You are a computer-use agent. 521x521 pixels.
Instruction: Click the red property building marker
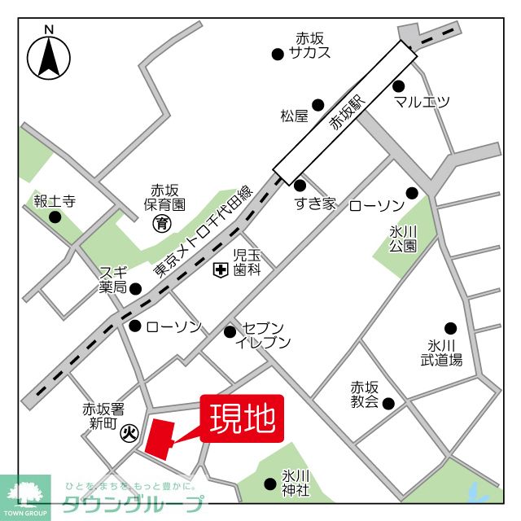click(x=158, y=440)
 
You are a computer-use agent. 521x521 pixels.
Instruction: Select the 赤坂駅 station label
click(x=344, y=113)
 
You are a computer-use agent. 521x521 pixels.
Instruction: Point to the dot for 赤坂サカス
click(x=278, y=55)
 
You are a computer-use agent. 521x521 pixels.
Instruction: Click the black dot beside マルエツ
click(x=399, y=85)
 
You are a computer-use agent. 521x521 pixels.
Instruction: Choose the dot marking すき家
click(x=300, y=186)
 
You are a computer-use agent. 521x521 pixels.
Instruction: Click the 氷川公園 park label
click(x=402, y=238)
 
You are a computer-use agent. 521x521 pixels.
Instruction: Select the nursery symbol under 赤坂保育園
click(x=163, y=221)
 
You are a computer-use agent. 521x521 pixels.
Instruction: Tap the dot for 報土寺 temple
click(x=55, y=217)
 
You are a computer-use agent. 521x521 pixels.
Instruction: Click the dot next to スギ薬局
click(x=136, y=288)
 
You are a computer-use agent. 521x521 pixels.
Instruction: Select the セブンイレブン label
click(x=262, y=335)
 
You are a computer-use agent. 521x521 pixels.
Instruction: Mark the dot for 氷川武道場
click(x=450, y=328)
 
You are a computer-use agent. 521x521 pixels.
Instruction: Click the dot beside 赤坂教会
click(x=388, y=402)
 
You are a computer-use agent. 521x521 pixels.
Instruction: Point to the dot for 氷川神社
click(x=270, y=484)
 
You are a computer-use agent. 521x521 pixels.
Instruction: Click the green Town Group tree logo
click(x=25, y=495)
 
